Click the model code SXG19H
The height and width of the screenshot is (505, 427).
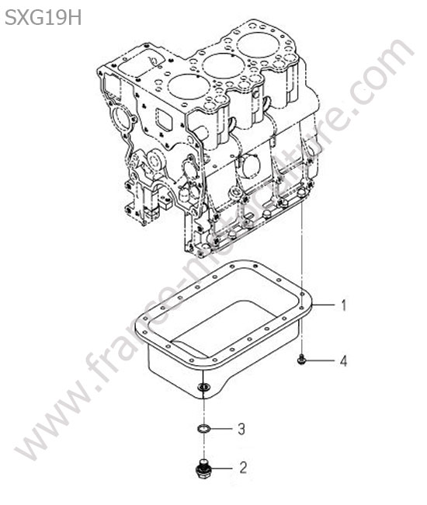(x=43, y=18)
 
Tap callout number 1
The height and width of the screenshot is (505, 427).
(x=344, y=305)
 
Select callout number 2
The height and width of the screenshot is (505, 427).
(x=243, y=468)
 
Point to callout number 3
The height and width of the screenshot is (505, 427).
(x=241, y=429)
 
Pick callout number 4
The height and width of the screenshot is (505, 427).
(x=344, y=360)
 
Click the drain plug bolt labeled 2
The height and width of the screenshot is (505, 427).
(x=202, y=469)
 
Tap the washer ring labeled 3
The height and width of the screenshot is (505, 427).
(x=203, y=428)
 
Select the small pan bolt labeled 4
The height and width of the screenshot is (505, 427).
(x=301, y=359)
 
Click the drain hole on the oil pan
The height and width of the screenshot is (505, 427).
(x=203, y=386)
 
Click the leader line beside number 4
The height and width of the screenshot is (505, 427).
(x=321, y=360)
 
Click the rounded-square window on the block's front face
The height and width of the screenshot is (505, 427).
(x=165, y=120)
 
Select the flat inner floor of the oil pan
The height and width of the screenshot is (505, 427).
(x=222, y=329)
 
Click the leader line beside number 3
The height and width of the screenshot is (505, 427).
(x=221, y=429)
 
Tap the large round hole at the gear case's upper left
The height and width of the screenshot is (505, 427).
(x=122, y=118)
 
